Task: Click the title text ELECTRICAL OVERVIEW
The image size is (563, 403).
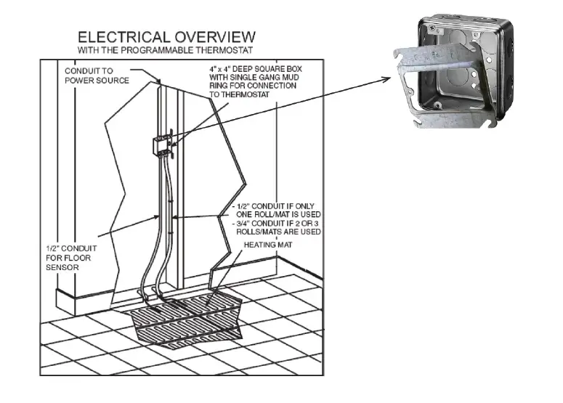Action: tap(166, 36)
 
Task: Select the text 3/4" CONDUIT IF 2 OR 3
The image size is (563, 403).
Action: tap(278, 223)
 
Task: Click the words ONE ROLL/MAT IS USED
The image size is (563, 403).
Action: tap(278, 214)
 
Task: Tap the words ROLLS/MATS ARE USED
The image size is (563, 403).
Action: tap(280, 232)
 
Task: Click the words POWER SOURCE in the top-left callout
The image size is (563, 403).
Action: tap(97, 80)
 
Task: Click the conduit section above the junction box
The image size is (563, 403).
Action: tap(162, 109)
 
